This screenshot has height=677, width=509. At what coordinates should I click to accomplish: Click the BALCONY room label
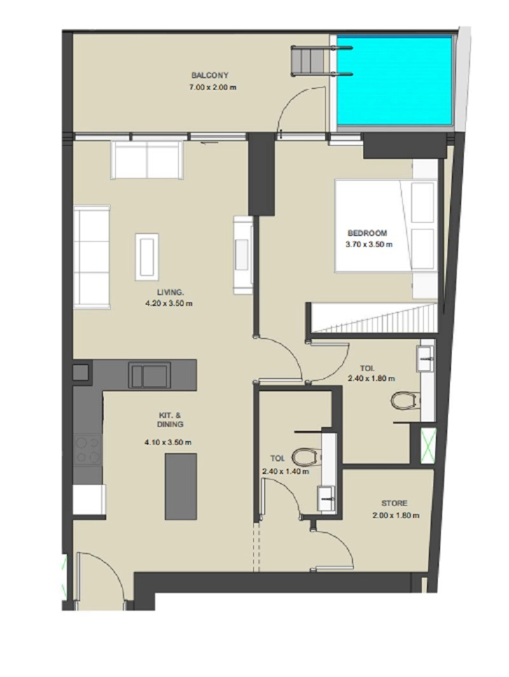210,76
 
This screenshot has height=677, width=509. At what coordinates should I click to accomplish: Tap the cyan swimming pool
394,81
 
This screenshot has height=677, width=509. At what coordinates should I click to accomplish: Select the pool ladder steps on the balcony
307,61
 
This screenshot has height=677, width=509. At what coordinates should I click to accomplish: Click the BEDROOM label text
367,233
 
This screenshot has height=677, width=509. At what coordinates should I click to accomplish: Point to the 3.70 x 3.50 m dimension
368,244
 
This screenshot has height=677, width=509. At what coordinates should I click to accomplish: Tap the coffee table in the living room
147,257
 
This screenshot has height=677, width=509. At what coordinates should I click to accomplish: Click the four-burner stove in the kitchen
88,449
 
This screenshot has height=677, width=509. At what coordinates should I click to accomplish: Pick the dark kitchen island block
181,486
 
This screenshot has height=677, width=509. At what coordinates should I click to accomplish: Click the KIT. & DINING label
170,420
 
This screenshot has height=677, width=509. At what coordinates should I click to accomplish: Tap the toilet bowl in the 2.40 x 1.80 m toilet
405,400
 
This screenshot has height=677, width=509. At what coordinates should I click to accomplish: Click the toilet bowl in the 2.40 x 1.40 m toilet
307,457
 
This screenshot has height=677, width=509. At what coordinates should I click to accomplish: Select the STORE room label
394,503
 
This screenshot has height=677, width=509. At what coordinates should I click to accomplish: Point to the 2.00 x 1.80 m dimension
396,515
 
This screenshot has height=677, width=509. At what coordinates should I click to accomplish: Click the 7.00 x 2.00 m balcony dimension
213,87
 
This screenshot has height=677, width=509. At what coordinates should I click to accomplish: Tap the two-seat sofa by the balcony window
147,160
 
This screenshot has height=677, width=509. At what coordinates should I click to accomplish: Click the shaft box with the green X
428,446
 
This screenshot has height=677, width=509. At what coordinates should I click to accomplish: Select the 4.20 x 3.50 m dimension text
169,304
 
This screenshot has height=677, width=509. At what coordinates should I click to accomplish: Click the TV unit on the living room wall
243,255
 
